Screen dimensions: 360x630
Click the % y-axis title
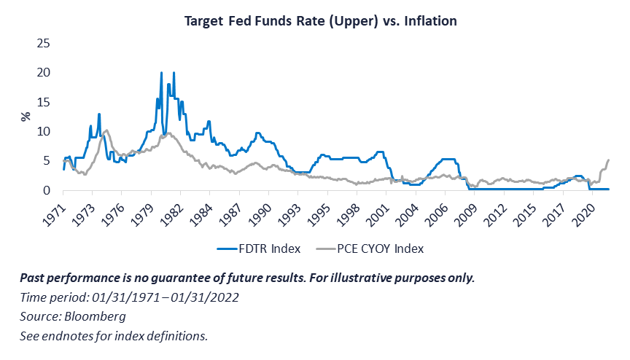(24, 117)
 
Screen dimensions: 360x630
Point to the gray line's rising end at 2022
(608, 160)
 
